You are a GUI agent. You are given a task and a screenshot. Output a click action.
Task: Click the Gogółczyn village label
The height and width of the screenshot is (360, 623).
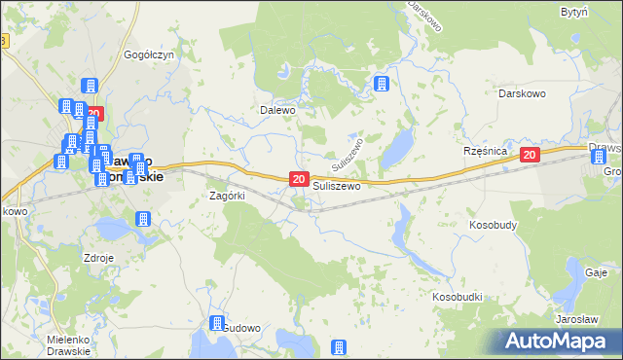tap(148, 55)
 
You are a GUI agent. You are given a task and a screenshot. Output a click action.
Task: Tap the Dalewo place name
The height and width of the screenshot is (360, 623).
tap(276, 110)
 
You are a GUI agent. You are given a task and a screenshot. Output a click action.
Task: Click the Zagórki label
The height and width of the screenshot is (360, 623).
tap(227, 195)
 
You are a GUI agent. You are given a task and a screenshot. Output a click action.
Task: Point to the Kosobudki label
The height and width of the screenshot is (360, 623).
tap(458, 294)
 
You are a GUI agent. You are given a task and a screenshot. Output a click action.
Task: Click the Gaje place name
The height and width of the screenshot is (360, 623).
tap(597, 273)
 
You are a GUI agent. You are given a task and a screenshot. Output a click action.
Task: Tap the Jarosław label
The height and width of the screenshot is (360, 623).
tap(575, 319)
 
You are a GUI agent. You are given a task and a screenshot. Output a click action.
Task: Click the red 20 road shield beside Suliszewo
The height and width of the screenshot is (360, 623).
tap(299, 179)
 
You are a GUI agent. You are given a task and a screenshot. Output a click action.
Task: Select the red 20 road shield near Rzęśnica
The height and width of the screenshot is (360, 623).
tap(530, 155)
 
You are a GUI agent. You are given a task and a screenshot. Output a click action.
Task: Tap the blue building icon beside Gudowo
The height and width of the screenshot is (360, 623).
tap(216, 325)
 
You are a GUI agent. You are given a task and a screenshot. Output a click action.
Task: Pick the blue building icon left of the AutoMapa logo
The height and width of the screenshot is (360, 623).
tap(340, 347)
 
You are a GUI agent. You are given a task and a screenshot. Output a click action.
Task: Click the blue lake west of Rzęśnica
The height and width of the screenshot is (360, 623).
tap(397, 149)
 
